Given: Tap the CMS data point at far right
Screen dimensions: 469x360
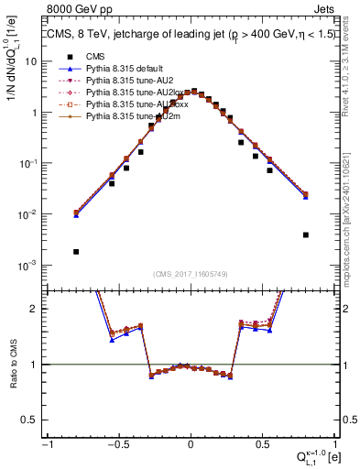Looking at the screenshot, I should pyautogui.click(x=305, y=234).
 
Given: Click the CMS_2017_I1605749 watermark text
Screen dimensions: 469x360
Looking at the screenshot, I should pyautogui.click(x=191, y=274).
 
